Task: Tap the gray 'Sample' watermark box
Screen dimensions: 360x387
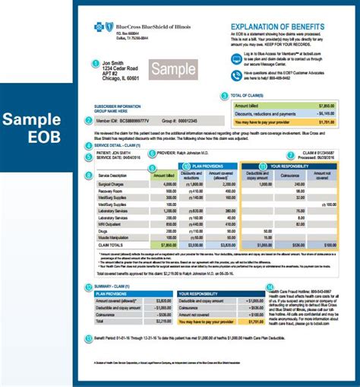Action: [174, 70]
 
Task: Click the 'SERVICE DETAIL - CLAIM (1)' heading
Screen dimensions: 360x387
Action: [114, 144]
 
